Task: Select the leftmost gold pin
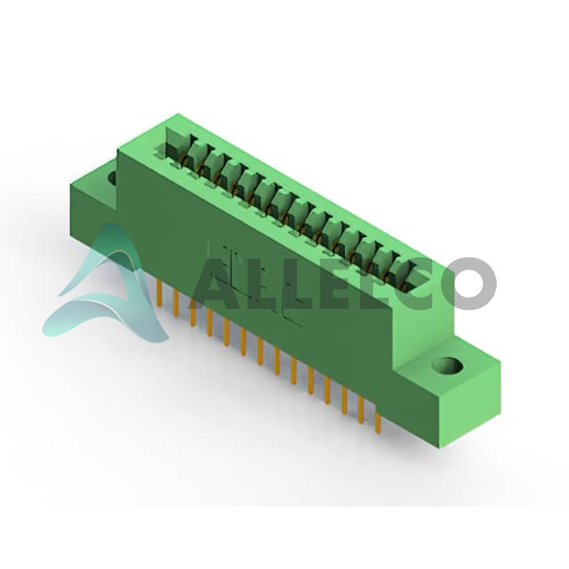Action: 159,294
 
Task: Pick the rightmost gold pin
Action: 377,419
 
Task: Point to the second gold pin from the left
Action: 176,303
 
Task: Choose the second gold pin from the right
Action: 361,411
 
